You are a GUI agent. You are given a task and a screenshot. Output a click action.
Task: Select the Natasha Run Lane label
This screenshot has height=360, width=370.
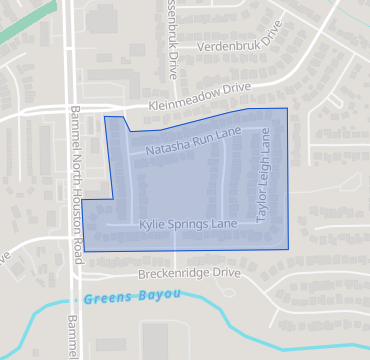point(194,141)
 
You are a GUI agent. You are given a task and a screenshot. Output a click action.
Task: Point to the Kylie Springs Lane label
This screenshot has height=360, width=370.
point(188,224)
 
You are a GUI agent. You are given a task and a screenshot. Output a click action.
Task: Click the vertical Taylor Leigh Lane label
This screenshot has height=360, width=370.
point(265,176)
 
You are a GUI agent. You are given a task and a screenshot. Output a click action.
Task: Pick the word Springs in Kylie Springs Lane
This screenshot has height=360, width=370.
point(189,224)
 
